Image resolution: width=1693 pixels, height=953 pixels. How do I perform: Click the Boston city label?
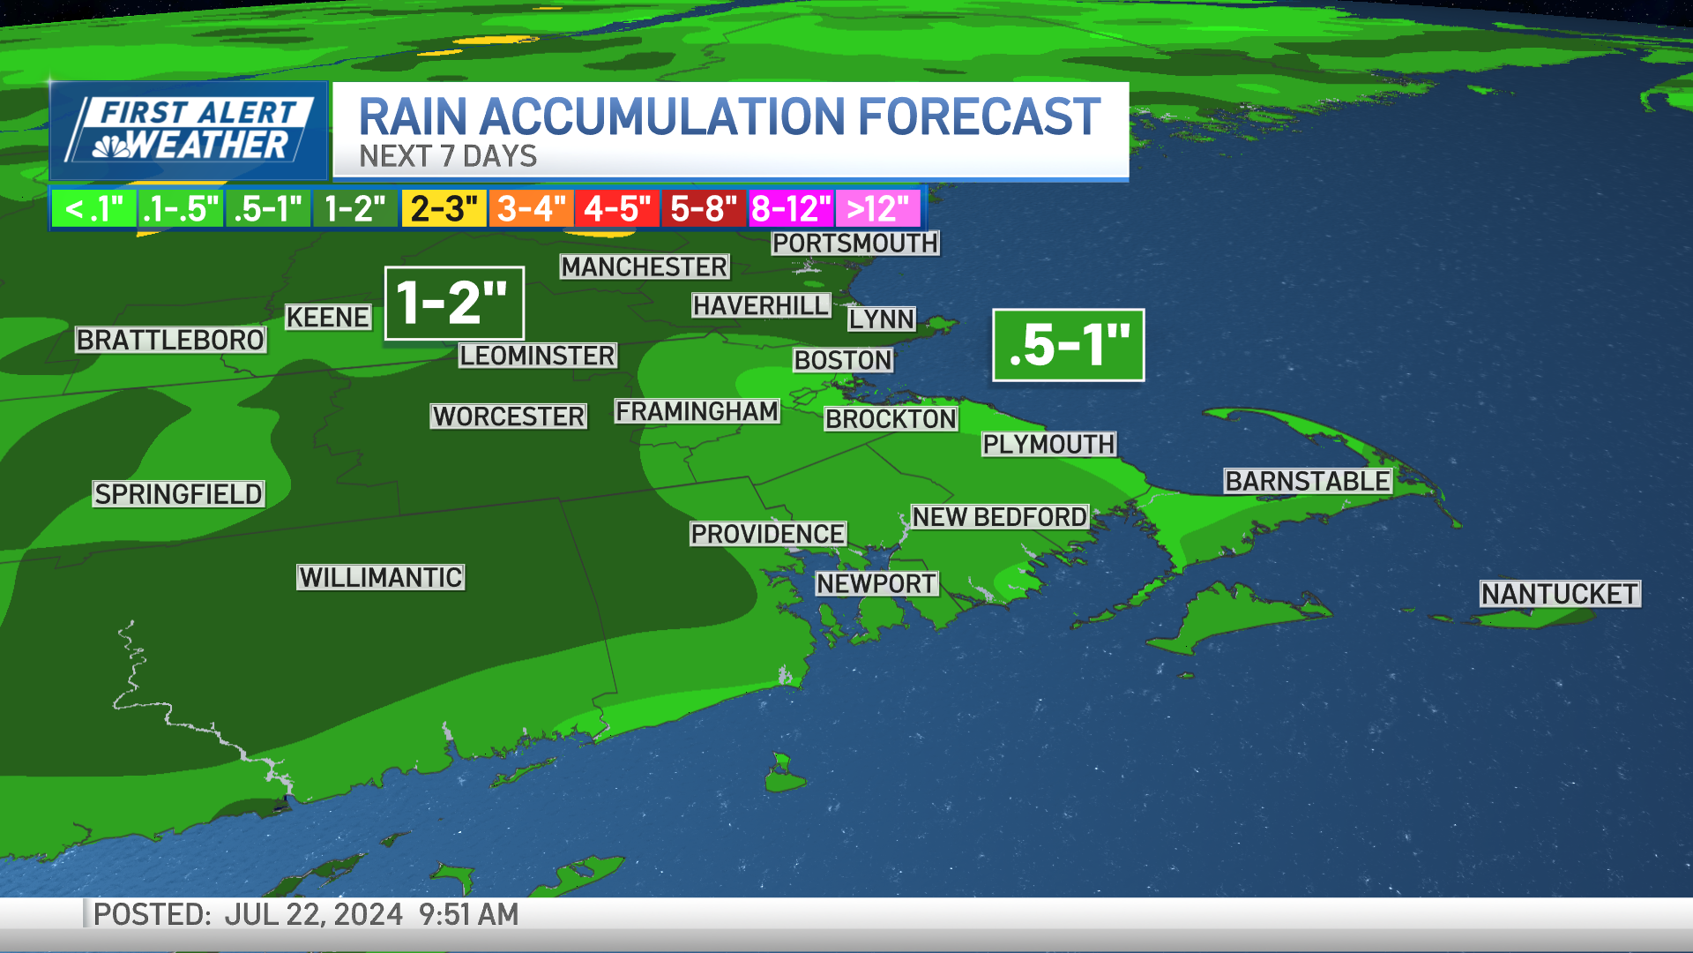[x=843, y=360]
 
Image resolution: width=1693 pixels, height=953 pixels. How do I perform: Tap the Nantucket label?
[x=1559, y=594]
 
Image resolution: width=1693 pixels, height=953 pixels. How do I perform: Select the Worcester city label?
[x=509, y=416]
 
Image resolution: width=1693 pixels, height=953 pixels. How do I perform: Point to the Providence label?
[x=767, y=534]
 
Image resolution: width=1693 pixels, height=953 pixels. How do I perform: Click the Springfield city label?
[x=178, y=494]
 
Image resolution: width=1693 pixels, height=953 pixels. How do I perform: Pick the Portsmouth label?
[x=855, y=243]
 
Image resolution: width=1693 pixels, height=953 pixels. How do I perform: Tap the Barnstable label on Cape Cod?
[x=1308, y=481]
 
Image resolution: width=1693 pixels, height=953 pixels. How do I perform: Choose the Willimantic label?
[x=380, y=577]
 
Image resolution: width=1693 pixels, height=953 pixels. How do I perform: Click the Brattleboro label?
[x=170, y=340]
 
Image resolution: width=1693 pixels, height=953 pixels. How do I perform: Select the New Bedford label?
[x=999, y=517]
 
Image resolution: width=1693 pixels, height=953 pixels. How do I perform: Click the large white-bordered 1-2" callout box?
[x=454, y=303]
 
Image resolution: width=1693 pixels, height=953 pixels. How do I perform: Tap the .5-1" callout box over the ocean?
[x=1068, y=345]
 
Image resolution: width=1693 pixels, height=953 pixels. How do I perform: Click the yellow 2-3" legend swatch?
[x=444, y=209]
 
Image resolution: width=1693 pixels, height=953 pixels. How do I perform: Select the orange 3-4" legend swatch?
[x=531, y=209]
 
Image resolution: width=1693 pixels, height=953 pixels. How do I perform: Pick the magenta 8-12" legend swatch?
[x=791, y=209]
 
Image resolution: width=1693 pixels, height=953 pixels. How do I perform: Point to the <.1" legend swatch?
[x=93, y=209]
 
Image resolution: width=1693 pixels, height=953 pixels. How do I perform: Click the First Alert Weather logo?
[x=190, y=131]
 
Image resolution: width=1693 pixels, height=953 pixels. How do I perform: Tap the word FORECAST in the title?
[x=979, y=117]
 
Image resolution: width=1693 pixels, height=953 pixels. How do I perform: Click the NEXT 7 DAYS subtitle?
[x=448, y=156]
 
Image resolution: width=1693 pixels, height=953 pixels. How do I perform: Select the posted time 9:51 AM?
[x=468, y=914]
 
